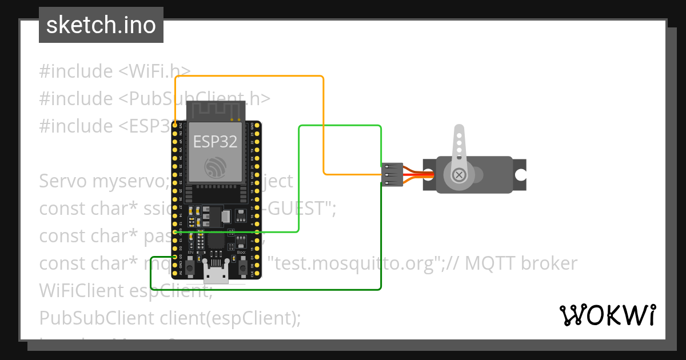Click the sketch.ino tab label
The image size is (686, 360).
click(x=101, y=25)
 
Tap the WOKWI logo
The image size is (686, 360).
click(x=607, y=315)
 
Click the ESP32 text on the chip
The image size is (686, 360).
click(x=215, y=141)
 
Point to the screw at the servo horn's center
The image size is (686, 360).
click(x=458, y=174)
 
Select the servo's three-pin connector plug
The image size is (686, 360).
click(x=392, y=174)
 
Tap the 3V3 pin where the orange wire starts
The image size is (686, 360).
click(x=174, y=124)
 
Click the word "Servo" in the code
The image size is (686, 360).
click(x=63, y=181)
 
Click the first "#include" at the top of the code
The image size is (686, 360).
click(x=76, y=71)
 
